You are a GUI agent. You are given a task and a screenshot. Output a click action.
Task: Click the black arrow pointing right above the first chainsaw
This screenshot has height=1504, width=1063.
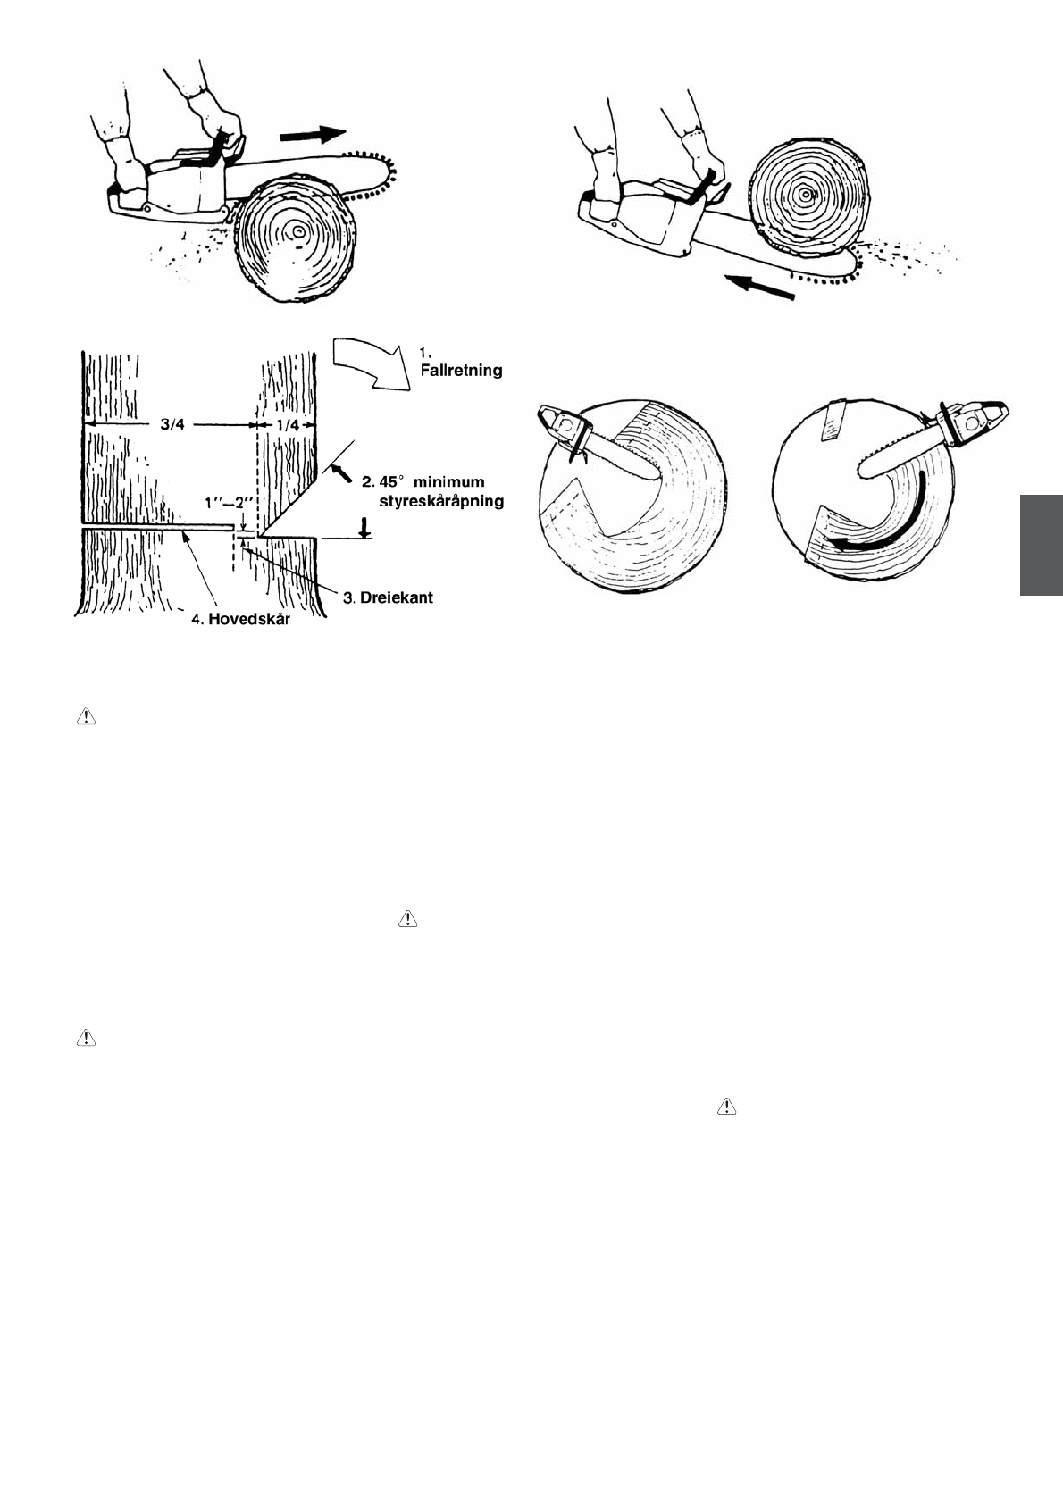tap(312, 135)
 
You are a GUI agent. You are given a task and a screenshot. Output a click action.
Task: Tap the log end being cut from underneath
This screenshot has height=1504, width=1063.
tap(807, 196)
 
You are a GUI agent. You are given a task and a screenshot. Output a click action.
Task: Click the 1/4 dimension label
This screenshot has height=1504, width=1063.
tap(288, 426)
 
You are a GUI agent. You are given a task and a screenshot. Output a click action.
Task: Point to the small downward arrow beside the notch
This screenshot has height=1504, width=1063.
tap(364, 527)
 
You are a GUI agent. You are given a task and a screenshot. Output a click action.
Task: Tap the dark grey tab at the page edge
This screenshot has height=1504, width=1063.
tap(1041, 544)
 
